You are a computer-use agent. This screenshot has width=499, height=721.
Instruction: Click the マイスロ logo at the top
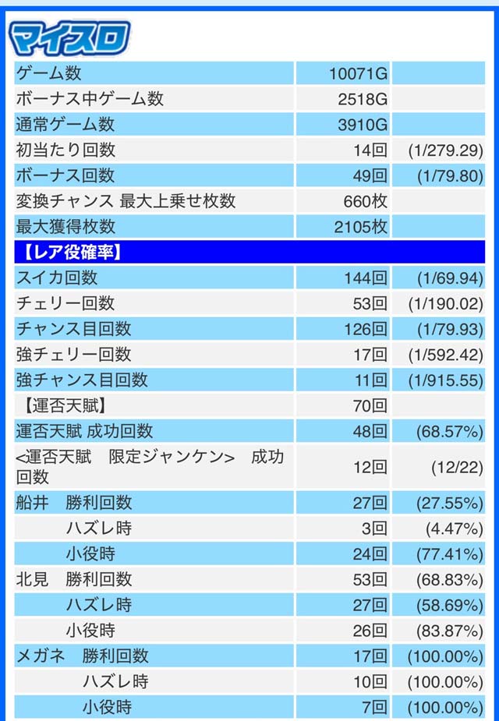[69, 36]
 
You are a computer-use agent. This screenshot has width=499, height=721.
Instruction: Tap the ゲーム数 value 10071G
[358, 74]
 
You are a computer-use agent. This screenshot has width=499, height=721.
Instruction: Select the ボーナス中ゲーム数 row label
[90, 99]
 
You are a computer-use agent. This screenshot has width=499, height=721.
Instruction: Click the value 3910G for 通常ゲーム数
[363, 125]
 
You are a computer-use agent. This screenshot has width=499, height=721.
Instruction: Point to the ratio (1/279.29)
[445, 150]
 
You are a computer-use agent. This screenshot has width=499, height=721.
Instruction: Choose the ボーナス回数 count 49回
[369, 175]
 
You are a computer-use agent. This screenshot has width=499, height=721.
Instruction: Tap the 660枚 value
[365, 201]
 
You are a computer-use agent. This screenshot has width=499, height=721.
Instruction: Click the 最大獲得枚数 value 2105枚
[359, 227]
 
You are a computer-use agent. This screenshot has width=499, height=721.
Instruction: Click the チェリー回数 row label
[65, 303]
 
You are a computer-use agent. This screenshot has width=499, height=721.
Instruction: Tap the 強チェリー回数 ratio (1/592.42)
[445, 355]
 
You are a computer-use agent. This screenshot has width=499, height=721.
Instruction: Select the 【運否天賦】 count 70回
[370, 405]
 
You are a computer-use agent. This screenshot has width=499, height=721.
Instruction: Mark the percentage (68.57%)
[450, 431]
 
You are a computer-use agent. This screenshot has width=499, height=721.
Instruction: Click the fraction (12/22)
[457, 467]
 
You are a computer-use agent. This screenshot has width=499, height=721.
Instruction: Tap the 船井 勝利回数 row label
[74, 503]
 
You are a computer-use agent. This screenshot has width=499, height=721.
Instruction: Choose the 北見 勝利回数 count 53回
[370, 579]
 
